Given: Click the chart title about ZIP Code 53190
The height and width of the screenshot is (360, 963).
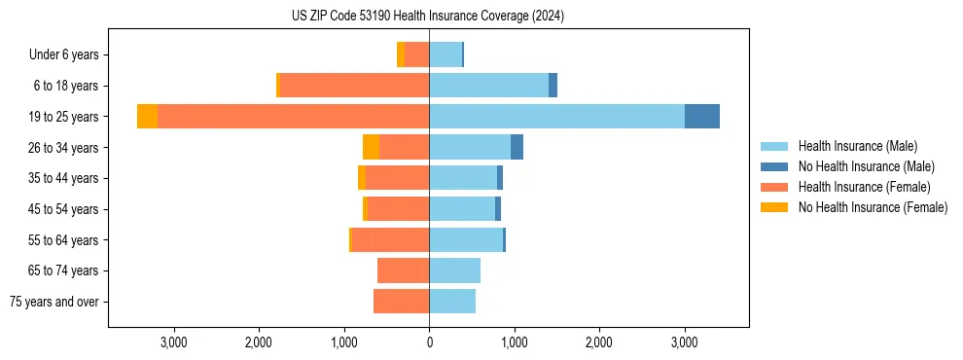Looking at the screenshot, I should tap(428, 17).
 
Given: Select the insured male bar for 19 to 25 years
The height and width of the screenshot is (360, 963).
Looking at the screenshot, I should tap(556, 117).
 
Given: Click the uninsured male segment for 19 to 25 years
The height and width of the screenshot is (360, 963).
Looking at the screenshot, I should tap(702, 117).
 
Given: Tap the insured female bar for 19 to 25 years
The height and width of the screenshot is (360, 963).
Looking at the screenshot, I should tap(293, 117).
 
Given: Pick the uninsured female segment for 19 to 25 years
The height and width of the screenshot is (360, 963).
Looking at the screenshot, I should tap(147, 117).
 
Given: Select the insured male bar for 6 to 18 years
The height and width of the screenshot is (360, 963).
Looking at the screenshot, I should tap(488, 86).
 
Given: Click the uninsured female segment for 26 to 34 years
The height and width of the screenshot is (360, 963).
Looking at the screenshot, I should tap(371, 147).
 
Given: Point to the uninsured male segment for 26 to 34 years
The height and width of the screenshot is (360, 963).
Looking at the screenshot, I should tap(517, 147).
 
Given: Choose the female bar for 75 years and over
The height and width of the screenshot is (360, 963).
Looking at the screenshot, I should tap(401, 302).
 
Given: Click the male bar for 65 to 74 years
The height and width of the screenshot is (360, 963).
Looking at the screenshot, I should tap(454, 270).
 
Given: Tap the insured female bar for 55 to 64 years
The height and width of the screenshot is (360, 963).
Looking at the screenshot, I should tap(390, 239).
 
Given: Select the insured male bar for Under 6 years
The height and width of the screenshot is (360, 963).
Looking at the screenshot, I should tap(446, 54).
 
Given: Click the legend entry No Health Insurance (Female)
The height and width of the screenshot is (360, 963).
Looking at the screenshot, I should tap(873, 207).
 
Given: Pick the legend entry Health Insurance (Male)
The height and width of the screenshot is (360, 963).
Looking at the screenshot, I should tap(857, 146).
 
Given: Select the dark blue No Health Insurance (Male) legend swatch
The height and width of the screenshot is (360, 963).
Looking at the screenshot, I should tap(774, 166).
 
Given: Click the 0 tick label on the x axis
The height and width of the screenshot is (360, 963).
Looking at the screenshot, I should tap(429, 342).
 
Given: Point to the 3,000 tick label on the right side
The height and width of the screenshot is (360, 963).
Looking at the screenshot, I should tap(684, 342).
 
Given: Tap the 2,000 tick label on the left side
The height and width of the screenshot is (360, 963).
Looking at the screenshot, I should tap(259, 342).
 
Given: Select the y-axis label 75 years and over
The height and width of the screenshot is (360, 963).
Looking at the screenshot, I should tap(54, 302).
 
